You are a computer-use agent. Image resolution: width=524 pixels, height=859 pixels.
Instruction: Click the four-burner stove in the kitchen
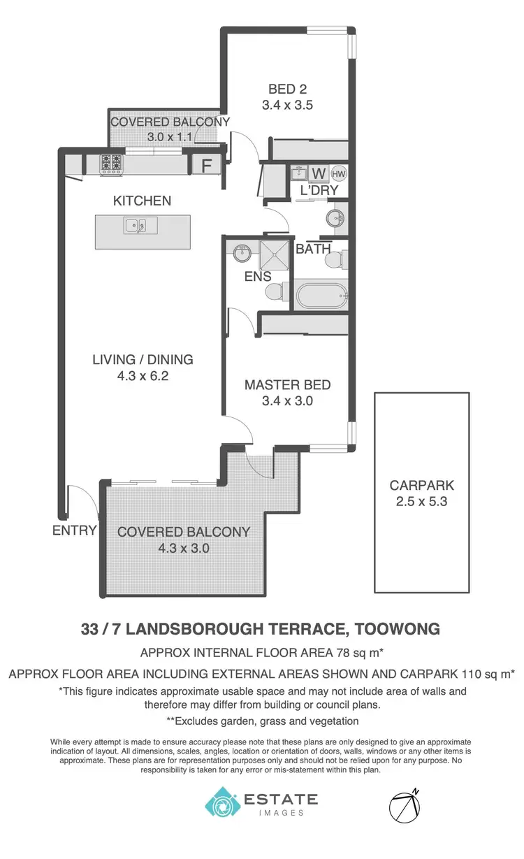111,164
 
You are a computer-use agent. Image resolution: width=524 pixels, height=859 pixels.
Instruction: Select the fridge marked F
206,166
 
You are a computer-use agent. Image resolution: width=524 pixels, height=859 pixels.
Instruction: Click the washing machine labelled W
319,173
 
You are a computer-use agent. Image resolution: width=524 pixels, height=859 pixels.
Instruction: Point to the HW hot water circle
338,174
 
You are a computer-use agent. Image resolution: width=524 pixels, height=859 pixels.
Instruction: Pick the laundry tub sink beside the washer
300,173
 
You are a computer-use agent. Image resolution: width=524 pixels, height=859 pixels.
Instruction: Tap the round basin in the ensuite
242,252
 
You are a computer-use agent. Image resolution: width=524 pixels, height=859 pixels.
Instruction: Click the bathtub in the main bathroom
321,295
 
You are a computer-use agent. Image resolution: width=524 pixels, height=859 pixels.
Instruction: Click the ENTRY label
74,530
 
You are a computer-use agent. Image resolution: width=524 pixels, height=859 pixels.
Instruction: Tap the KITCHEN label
142,201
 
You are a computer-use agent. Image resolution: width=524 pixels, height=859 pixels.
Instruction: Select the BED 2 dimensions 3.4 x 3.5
288,106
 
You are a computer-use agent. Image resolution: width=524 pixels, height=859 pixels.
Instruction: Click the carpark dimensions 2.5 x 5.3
421,501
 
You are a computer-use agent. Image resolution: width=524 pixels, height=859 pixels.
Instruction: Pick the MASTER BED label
287,385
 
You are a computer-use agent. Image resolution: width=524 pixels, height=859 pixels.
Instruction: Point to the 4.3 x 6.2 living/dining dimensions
143,376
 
